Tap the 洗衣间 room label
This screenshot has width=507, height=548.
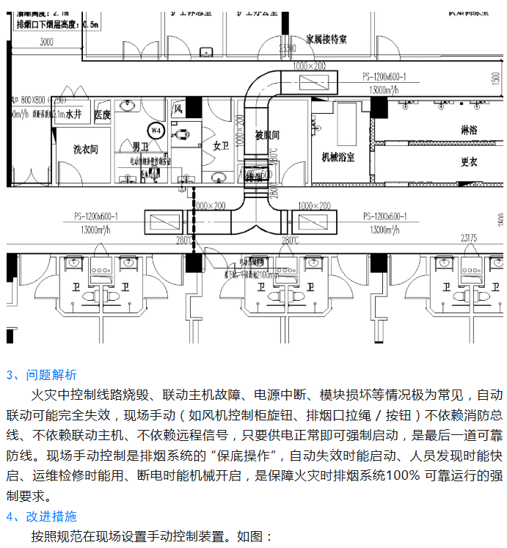click(85, 149)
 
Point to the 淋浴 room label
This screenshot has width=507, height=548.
click(469, 128)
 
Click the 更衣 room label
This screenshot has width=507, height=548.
click(469, 161)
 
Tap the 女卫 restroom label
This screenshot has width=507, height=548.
click(222, 145)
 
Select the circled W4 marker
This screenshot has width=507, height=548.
click(155, 130)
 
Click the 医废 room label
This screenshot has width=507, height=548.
click(102, 114)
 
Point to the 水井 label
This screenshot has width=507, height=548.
click(73, 115)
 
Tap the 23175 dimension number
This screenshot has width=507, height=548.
click(469, 238)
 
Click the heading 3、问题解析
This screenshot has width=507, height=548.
click(41, 375)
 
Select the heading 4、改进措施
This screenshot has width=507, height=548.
click(41, 516)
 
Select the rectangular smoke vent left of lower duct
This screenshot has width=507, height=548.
click(160, 222)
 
